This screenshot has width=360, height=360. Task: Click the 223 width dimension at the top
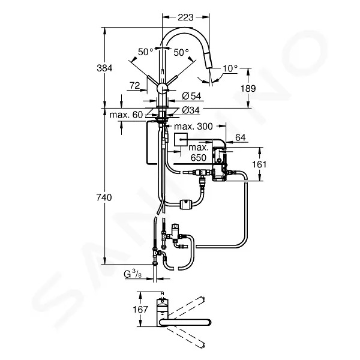tap(185, 17)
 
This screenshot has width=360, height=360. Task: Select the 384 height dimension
tap(104, 68)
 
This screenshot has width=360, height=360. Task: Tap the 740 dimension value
tap(104, 197)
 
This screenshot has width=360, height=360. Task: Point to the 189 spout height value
tap(248, 88)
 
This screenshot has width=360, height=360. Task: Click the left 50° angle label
tap(146, 52)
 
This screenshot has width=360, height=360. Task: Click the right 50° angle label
tap(181, 53)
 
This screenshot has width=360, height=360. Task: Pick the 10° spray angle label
tap(230, 68)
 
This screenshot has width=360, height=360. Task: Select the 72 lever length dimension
tap(135, 85)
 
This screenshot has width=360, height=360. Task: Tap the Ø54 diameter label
tap(191, 96)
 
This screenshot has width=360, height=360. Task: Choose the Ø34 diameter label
tap(191, 110)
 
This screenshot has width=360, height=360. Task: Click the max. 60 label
tap(126, 115)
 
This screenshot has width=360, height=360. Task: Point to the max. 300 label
tap(193, 126)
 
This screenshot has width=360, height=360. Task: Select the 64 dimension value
tap(241, 137)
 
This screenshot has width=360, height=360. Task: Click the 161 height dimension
tap(259, 164)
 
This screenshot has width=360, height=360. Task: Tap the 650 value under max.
tap(199, 158)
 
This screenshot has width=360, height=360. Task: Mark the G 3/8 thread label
tap(133, 274)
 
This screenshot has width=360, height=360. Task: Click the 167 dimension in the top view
tap(140, 309)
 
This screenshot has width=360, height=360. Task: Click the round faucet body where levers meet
tap(163, 88)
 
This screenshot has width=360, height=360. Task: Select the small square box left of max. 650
tap(181, 139)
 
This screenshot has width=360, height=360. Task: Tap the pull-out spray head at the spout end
tap(209, 59)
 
